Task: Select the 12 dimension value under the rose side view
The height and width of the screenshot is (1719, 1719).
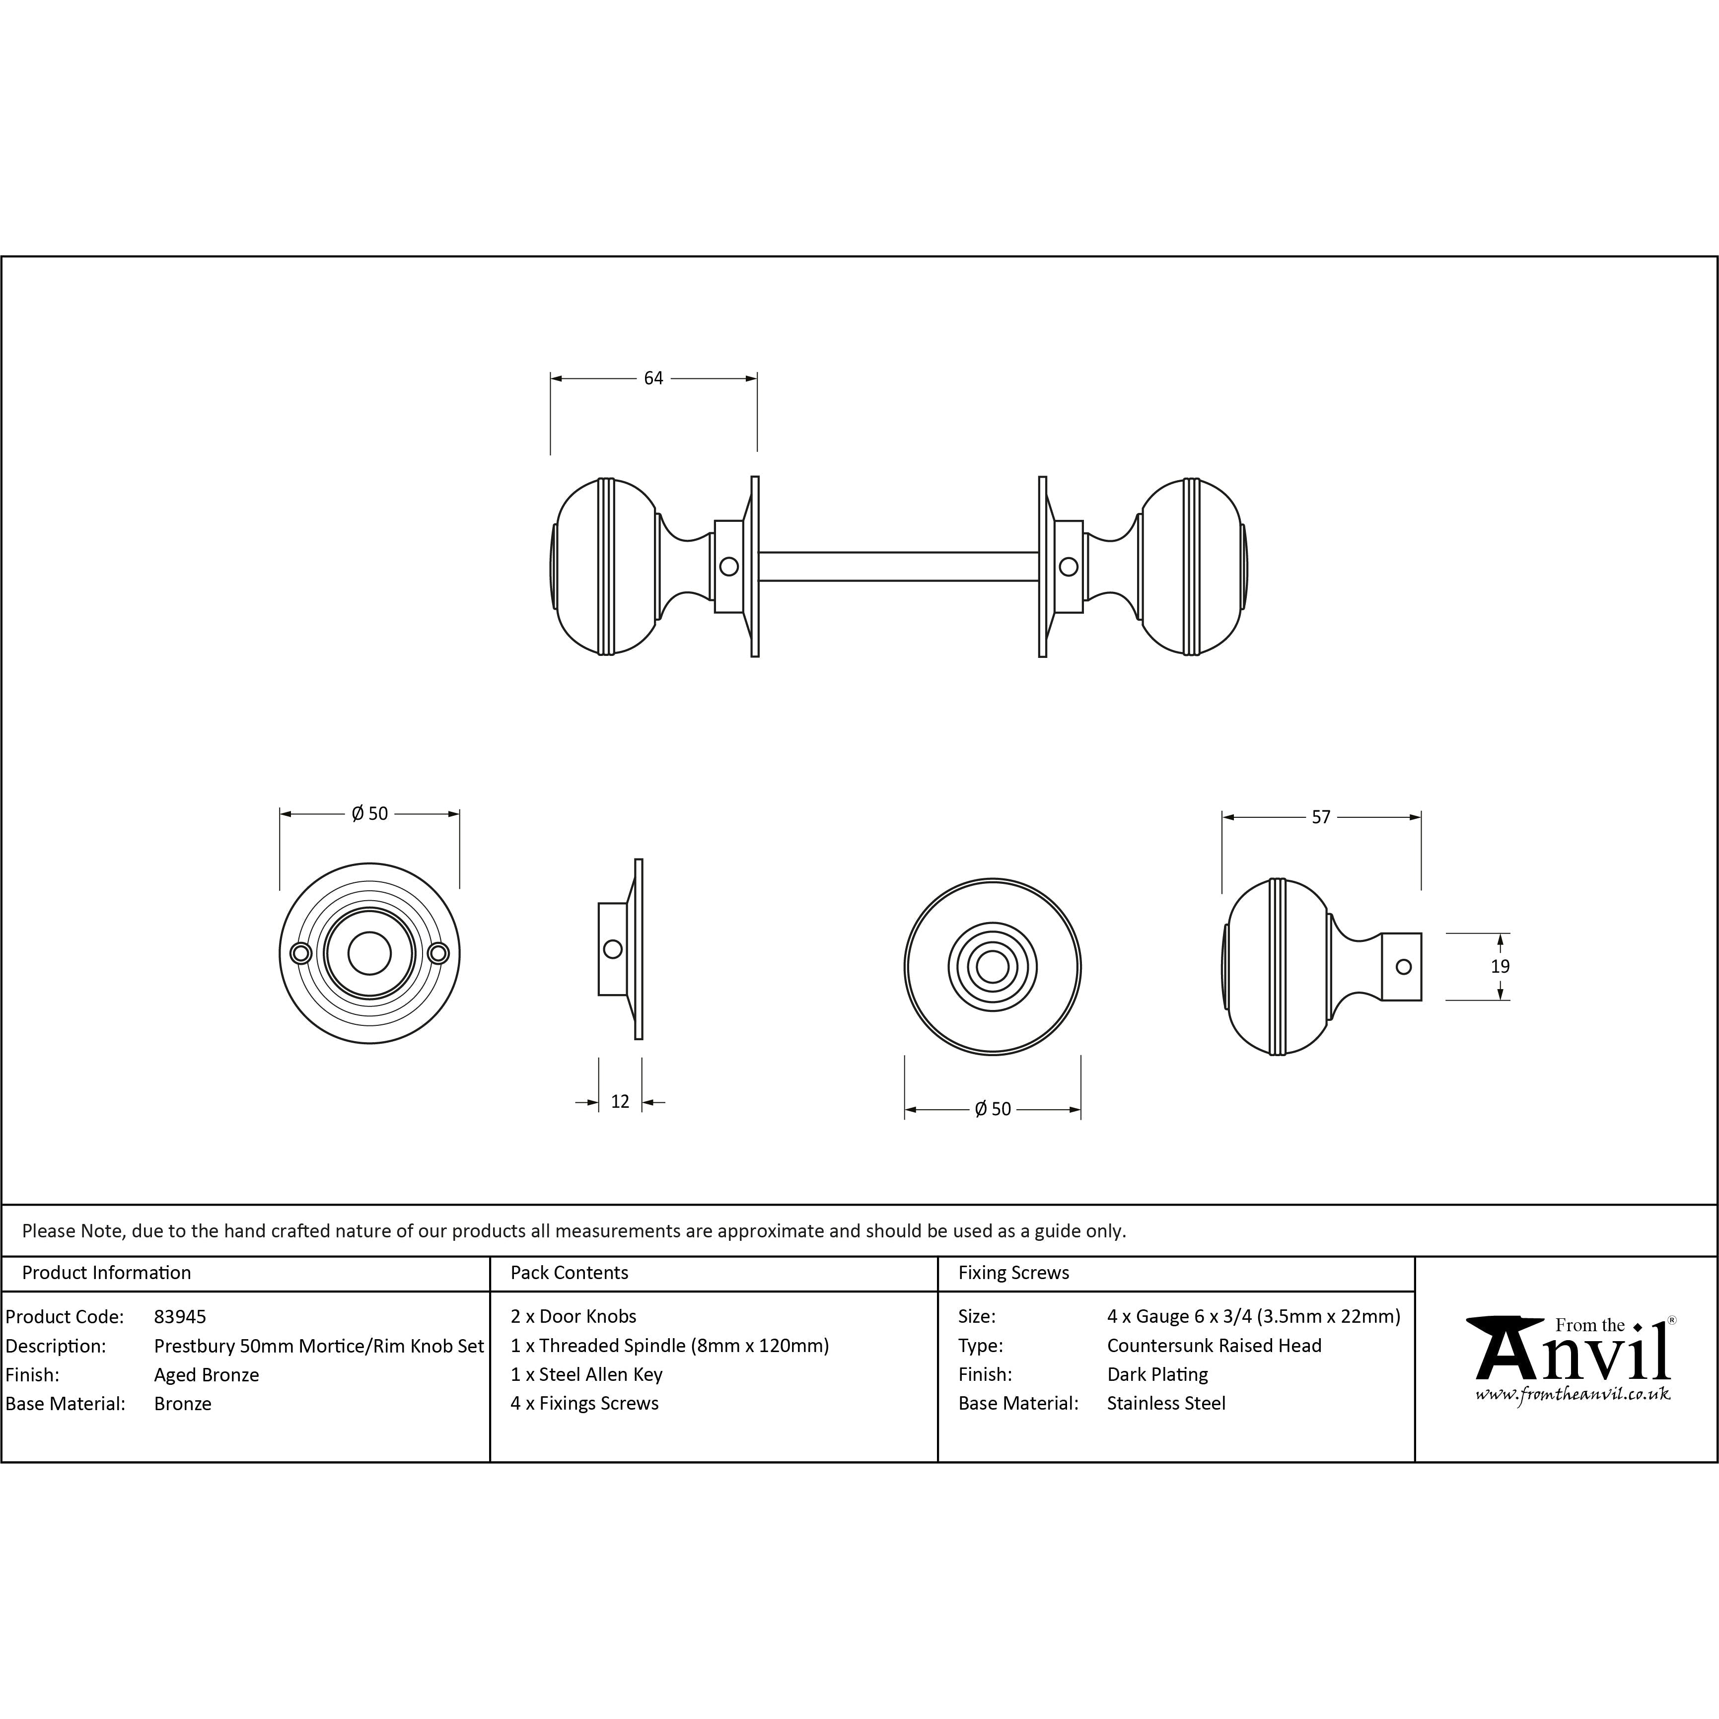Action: tap(620, 1101)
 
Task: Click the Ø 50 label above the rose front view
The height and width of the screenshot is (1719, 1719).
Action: tap(369, 813)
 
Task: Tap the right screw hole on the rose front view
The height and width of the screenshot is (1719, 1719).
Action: tap(438, 954)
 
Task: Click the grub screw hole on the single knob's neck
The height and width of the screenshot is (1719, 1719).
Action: tap(1403, 966)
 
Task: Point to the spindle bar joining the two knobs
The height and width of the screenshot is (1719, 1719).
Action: tap(899, 567)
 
